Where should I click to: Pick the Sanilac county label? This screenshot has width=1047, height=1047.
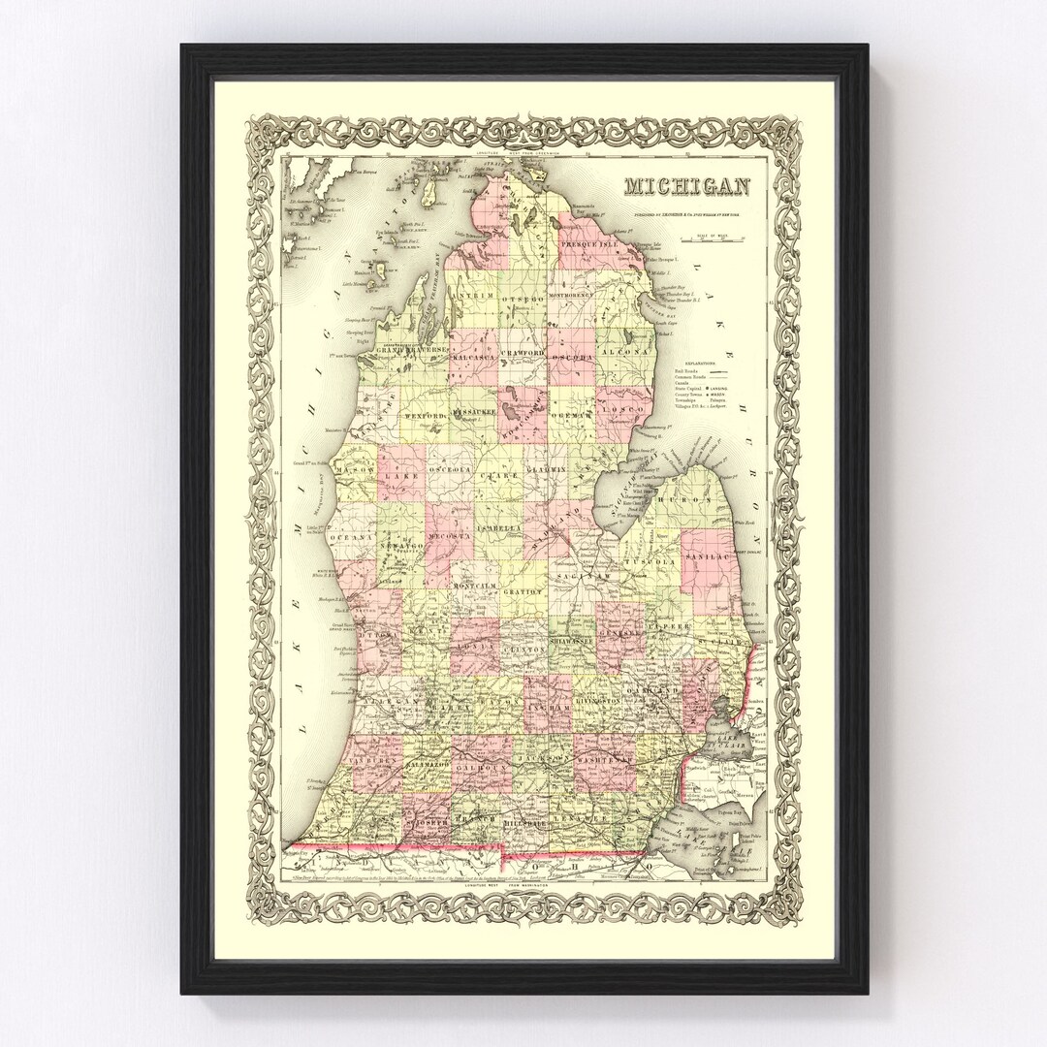pyautogui.click(x=711, y=560)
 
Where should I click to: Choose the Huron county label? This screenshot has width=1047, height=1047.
pyautogui.click(x=683, y=498)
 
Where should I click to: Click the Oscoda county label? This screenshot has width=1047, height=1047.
pyautogui.click(x=571, y=357)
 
